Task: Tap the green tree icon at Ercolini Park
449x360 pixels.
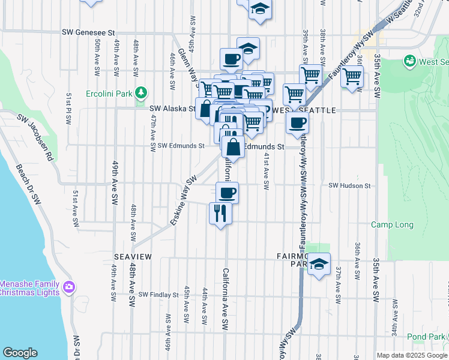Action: point(141,93)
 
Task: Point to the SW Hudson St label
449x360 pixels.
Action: point(349,186)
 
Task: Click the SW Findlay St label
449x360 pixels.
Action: point(158,295)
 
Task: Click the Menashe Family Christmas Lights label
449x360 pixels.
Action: point(29,288)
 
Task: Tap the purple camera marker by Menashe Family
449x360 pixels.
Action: point(70,287)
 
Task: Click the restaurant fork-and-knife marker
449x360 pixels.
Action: point(220,213)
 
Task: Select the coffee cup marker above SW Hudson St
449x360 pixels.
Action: point(227,193)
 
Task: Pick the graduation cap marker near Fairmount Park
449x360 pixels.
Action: point(319,264)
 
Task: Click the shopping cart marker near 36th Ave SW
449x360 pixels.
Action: point(352,77)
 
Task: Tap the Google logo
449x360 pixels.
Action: point(20,353)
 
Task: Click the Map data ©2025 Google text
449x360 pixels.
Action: point(412,355)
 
